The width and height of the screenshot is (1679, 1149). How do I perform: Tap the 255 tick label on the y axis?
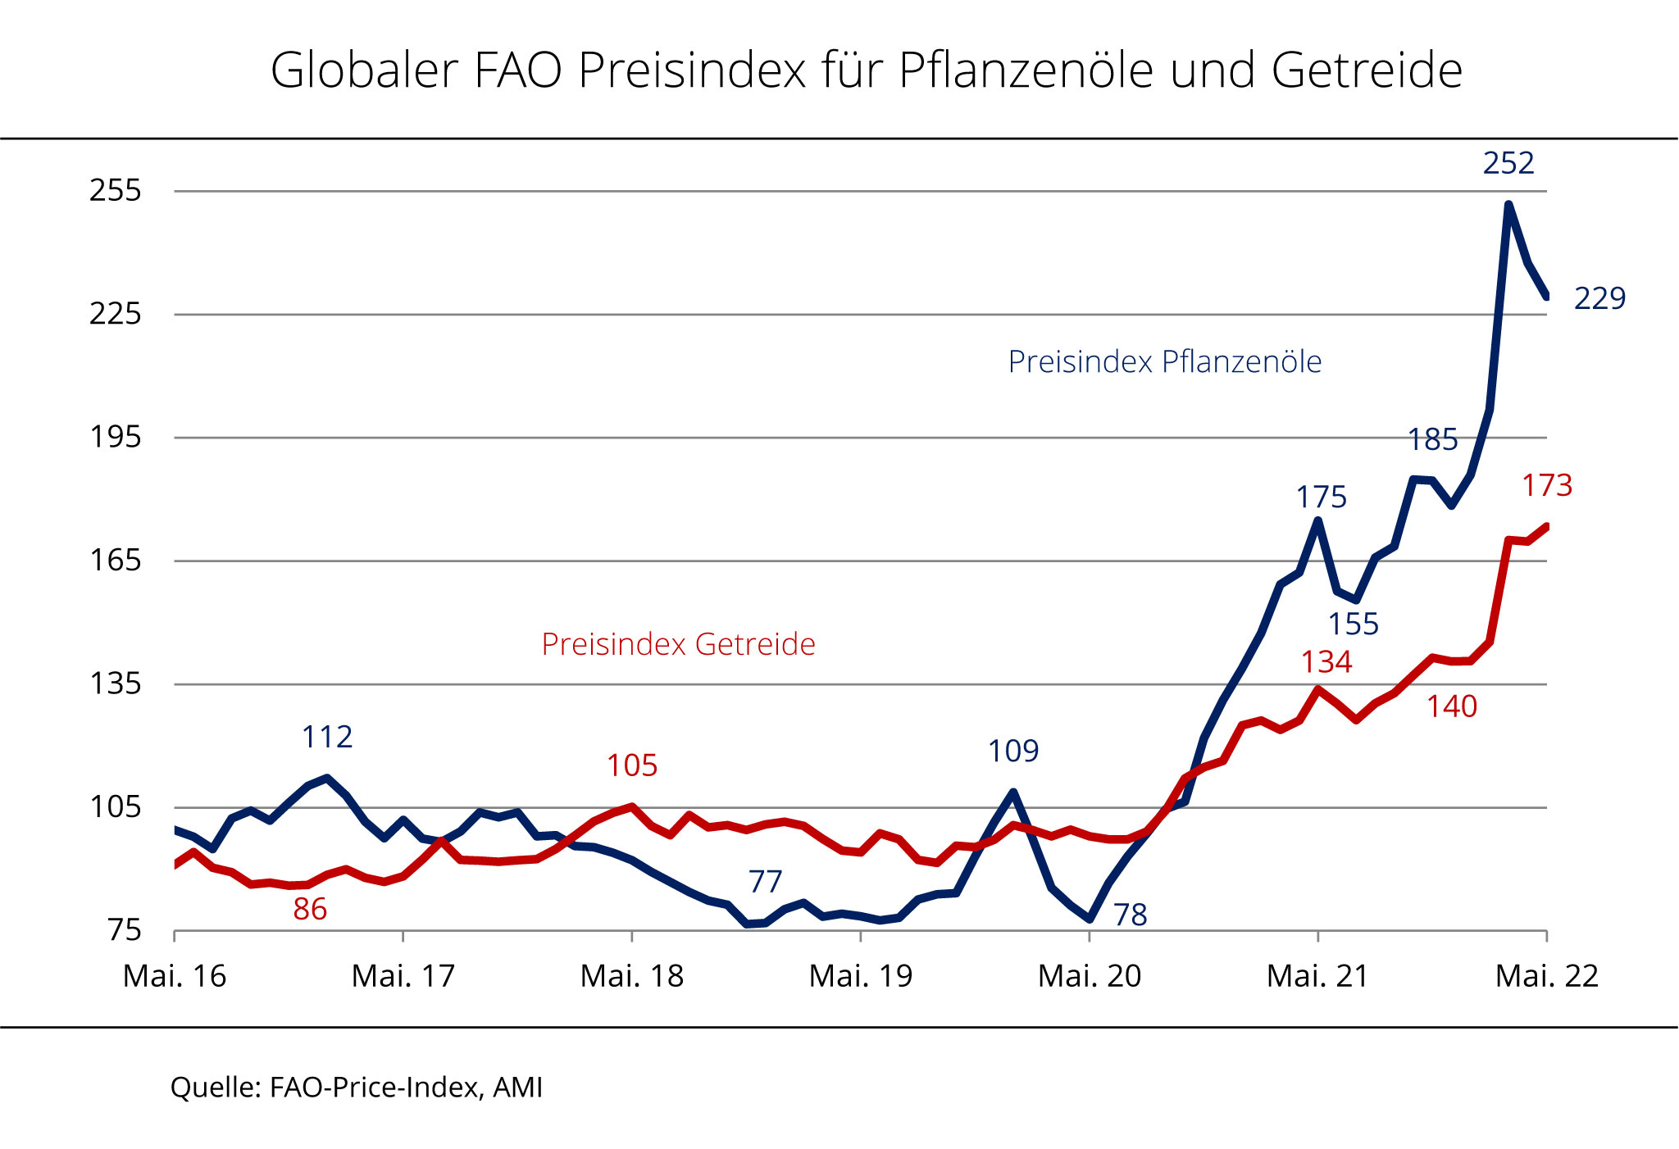(116, 190)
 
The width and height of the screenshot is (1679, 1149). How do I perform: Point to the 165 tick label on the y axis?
(116, 561)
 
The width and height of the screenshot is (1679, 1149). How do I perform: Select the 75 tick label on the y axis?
(125, 930)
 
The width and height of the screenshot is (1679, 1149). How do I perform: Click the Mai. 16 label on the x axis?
(175, 976)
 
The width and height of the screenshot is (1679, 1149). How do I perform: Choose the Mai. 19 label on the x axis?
(861, 976)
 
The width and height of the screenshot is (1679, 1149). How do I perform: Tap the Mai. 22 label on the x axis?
(1547, 976)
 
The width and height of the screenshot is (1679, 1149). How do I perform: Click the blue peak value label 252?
(1508, 163)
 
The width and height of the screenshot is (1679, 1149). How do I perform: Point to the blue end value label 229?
(1599, 298)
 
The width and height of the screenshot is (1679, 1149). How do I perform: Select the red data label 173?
(1547, 485)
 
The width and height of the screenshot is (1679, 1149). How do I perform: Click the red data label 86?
(310, 909)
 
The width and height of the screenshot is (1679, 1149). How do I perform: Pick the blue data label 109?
(1013, 751)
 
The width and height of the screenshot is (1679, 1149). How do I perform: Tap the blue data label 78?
(1130, 915)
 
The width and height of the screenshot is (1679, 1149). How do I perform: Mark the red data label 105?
(632, 765)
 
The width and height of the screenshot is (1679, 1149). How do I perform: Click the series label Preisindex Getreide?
(678, 644)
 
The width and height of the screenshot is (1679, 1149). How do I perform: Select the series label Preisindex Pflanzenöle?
(1164, 361)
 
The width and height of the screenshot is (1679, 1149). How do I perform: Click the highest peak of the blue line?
(1508, 204)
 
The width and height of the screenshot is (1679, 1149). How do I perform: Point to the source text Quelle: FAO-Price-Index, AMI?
(357, 1088)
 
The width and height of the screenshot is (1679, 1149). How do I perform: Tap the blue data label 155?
(1354, 624)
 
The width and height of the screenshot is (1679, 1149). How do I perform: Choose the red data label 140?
(1452, 706)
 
